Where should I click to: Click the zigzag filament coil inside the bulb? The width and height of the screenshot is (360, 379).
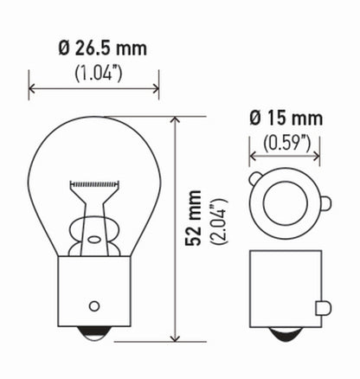(x=93, y=184)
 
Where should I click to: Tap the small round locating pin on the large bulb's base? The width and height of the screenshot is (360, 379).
(x=93, y=307)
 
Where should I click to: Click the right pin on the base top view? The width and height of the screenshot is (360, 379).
(x=325, y=205)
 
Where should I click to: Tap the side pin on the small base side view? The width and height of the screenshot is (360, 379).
(x=323, y=307)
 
